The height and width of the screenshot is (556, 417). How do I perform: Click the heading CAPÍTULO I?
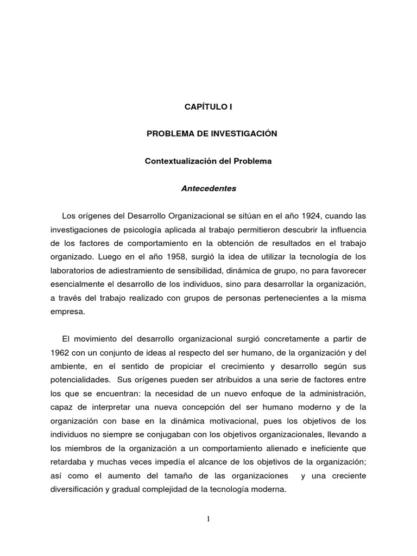click(208, 107)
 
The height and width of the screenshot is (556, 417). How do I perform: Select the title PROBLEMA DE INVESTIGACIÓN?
click(212, 134)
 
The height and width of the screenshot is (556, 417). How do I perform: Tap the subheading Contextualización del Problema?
click(207, 161)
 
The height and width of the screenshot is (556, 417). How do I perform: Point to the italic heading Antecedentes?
click(208, 189)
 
